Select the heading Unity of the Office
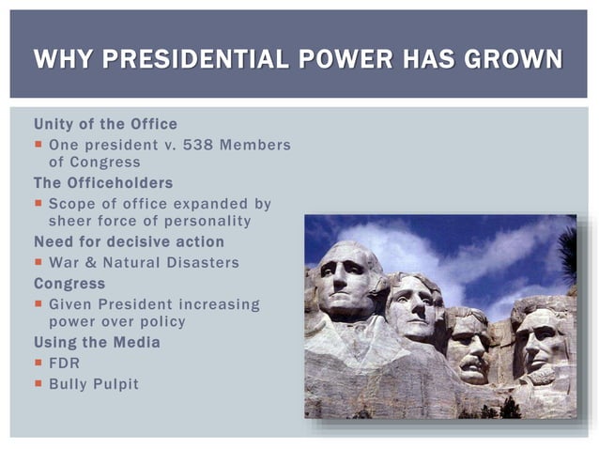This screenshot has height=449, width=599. (105, 124)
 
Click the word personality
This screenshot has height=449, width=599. (205, 221)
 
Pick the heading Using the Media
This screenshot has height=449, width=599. (97, 342)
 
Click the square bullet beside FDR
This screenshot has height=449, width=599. (38, 363)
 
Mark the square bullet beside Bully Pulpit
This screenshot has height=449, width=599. (38, 383)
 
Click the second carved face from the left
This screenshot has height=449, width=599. (414, 310)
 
